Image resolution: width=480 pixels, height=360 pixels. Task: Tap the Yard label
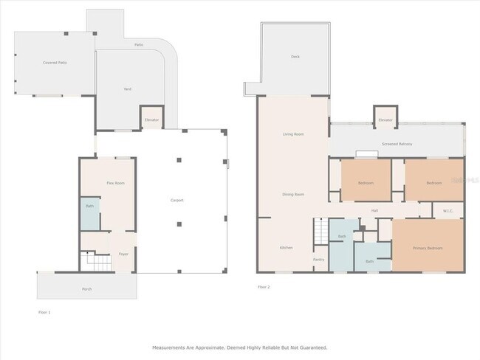tap(127, 89)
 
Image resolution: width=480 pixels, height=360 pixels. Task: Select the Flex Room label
tap(114, 182)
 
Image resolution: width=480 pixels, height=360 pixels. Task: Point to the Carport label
tap(177, 200)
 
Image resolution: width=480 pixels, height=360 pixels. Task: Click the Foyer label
tap(123, 254)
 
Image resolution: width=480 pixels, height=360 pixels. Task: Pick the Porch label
tap(87, 288)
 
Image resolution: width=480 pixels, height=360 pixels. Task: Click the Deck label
tap(295, 57)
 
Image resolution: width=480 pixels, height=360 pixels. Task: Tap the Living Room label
tap(294, 134)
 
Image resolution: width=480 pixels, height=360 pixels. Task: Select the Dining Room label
tap(293, 195)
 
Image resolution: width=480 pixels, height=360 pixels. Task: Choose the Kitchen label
tap(287, 247)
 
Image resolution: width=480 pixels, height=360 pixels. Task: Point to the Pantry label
tap(318, 260)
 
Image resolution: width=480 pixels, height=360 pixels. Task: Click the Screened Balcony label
tap(397, 144)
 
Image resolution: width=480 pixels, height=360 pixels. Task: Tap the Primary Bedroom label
tap(428, 248)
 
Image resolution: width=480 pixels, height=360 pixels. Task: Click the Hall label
tap(375, 211)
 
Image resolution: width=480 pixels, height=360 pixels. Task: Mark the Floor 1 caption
tap(44, 313)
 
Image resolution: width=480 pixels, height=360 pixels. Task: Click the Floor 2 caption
tap(264, 286)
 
